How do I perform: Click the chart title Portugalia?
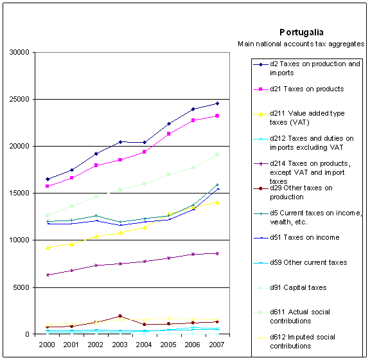click(x=301, y=32)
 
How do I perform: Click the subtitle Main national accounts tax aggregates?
click(x=301, y=44)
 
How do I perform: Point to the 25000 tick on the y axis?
click(x=19, y=99)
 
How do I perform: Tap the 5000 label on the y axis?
click(x=21, y=287)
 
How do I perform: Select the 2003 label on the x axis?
click(x=119, y=345)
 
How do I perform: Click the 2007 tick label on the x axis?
click(x=216, y=345)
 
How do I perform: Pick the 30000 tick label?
click(x=19, y=52)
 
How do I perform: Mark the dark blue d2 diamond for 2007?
click(x=217, y=104)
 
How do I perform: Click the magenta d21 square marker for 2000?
click(x=47, y=186)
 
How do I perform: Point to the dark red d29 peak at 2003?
click(x=120, y=316)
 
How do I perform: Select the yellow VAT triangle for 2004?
click(x=145, y=228)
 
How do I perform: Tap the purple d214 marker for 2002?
click(x=96, y=265)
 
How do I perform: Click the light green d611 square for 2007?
click(x=217, y=155)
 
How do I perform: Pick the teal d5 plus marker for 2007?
click(x=217, y=184)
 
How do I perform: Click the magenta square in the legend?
click(x=261, y=89)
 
